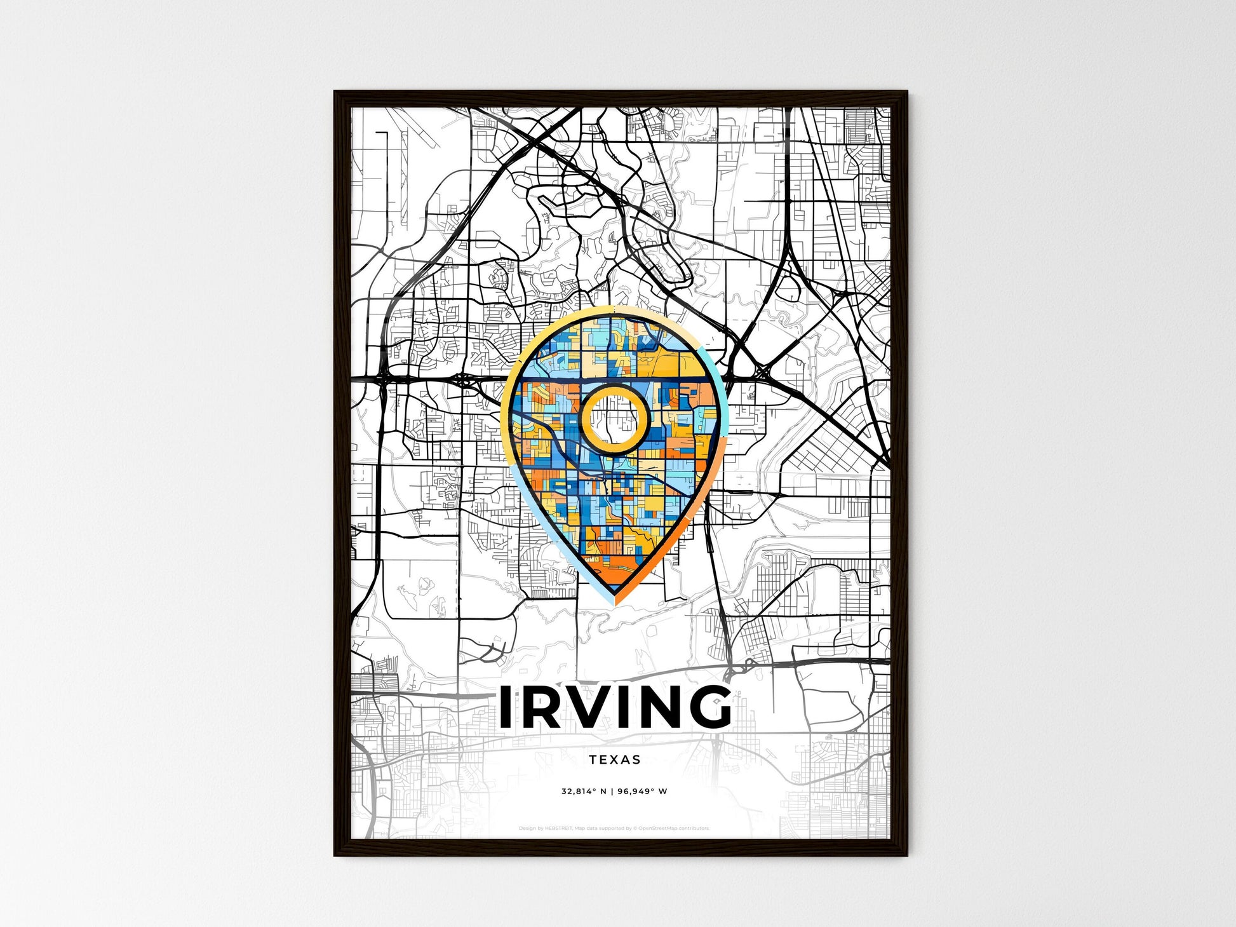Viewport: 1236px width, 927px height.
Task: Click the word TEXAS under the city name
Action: point(614,759)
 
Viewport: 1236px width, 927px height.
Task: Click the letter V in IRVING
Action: point(587,707)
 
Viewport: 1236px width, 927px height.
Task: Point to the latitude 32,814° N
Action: point(584,792)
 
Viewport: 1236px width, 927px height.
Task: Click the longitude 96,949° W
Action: point(642,792)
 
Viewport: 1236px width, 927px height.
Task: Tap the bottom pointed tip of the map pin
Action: point(615,600)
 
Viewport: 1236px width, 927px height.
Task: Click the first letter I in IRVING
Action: point(507,707)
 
